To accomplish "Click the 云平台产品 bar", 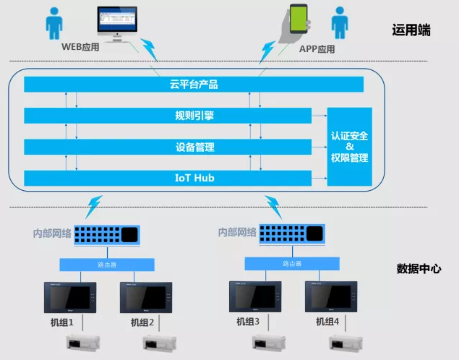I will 194,85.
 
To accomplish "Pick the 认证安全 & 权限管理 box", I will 350,147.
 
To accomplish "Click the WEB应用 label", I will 80,48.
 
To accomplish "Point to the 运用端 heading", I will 411,30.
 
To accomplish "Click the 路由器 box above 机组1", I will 100,264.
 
